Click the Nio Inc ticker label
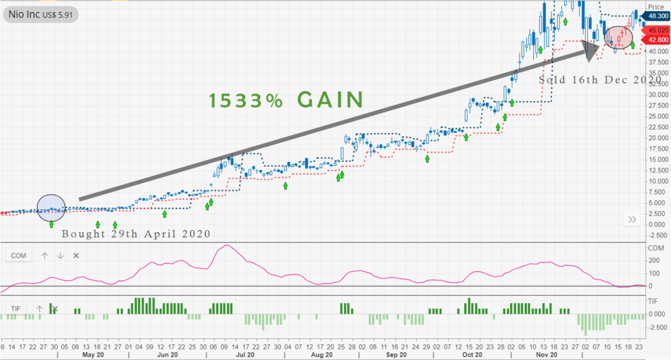[40, 12]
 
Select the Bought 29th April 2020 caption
[136, 234]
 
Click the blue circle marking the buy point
[52, 209]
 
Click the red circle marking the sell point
[618, 37]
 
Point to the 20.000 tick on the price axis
[655, 138]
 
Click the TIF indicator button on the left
[15, 308]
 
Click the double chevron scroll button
[632, 220]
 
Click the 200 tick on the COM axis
[653, 261]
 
